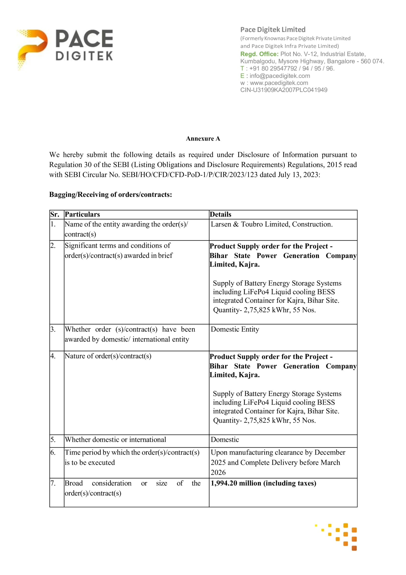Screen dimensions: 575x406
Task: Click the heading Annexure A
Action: pyautogui.click(x=203, y=138)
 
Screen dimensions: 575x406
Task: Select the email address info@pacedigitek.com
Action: pyautogui.click(x=279, y=76)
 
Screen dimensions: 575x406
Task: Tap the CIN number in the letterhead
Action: pyautogui.click(x=284, y=90)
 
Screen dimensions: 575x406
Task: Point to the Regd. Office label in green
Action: pyautogui.click(x=259, y=54)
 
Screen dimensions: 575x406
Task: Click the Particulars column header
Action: pyautogui.click(x=82, y=214)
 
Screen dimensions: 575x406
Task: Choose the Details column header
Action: pyautogui.click(x=220, y=214)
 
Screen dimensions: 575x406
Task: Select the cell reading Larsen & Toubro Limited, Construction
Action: pyautogui.click(x=271, y=224)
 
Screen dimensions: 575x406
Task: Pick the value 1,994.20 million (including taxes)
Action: pyautogui.click(x=263, y=483)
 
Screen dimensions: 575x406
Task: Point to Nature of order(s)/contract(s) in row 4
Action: pyautogui.click(x=108, y=356)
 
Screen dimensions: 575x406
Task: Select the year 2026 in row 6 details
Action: pyautogui.click(x=218, y=472)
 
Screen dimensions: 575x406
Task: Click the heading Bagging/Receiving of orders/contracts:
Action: pyautogui.click(x=111, y=195)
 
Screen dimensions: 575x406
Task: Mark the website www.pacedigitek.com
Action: pyautogui.click(x=279, y=83)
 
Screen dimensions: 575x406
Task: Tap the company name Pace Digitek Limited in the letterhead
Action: pyautogui.click(x=273, y=29)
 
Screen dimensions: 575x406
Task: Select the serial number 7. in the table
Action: pyautogui.click(x=53, y=483)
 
